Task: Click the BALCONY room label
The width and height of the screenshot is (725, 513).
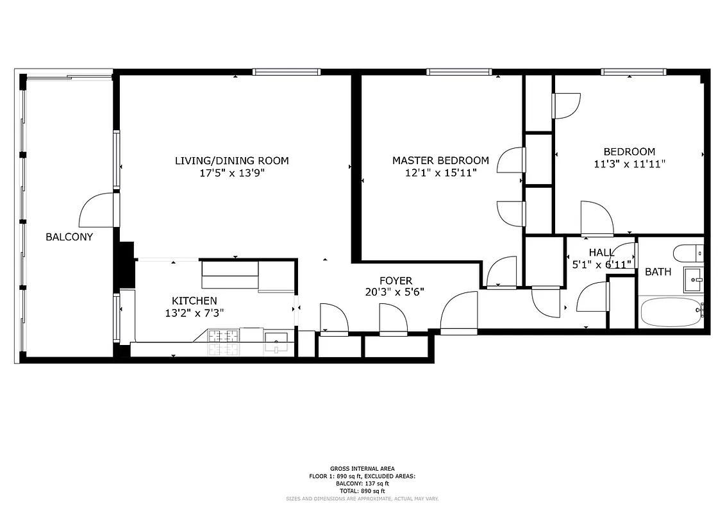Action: coord(69,237)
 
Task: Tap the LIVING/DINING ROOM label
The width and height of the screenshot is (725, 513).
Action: coord(232,160)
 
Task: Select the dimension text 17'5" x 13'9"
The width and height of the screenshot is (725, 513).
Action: coord(232,172)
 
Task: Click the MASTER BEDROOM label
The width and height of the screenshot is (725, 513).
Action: coord(440,160)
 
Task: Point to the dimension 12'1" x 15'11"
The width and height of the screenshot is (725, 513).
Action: coord(440,172)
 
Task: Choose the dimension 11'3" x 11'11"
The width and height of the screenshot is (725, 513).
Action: coord(629,164)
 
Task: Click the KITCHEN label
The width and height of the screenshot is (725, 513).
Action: coord(194,301)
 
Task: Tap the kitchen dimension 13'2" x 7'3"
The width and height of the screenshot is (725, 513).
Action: coord(194,313)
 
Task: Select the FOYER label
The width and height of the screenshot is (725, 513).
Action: coord(396,281)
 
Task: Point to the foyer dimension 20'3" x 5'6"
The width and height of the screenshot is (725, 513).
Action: coord(396,292)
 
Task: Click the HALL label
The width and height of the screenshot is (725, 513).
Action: coord(601,253)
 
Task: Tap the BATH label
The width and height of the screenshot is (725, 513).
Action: coord(658,272)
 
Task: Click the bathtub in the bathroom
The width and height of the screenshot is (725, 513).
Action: coord(671,312)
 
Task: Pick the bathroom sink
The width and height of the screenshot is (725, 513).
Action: coord(693,280)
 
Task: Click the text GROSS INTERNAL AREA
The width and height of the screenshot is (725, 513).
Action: coord(362,469)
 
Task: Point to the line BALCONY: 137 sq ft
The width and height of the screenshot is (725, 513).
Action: coord(362,484)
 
